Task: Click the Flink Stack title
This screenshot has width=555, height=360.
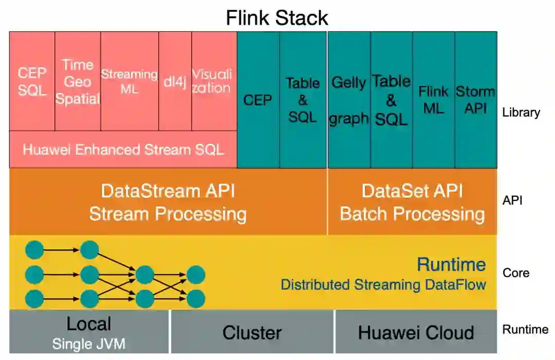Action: point(277,18)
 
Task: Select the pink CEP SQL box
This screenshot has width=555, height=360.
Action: point(32,81)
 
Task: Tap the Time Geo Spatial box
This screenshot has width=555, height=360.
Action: point(78,81)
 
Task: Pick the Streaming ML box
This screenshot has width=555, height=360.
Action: point(129,81)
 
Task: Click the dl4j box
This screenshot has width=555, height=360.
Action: point(175,81)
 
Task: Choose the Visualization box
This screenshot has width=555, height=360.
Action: point(211,81)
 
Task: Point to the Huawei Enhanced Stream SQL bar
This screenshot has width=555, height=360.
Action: point(123,149)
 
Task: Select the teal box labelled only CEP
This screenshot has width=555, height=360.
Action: point(258,100)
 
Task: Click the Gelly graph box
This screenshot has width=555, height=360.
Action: point(349,100)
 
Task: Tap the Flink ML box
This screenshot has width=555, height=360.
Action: point(433,100)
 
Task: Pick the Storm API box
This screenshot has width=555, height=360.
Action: point(475,100)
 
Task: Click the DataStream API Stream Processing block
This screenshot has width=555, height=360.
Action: point(168,202)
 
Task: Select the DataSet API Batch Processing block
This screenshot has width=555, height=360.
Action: point(412,202)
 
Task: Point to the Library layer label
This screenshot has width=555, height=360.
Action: point(521,112)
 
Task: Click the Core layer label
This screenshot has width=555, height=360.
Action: point(515,273)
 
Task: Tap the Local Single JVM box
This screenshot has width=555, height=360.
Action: point(89,332)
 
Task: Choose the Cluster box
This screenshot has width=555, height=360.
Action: point(252,333)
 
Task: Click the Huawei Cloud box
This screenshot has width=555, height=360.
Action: point(416,333)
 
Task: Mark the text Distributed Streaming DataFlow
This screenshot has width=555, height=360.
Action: point(383,285)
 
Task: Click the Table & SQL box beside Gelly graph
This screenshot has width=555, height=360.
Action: point(391,100)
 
